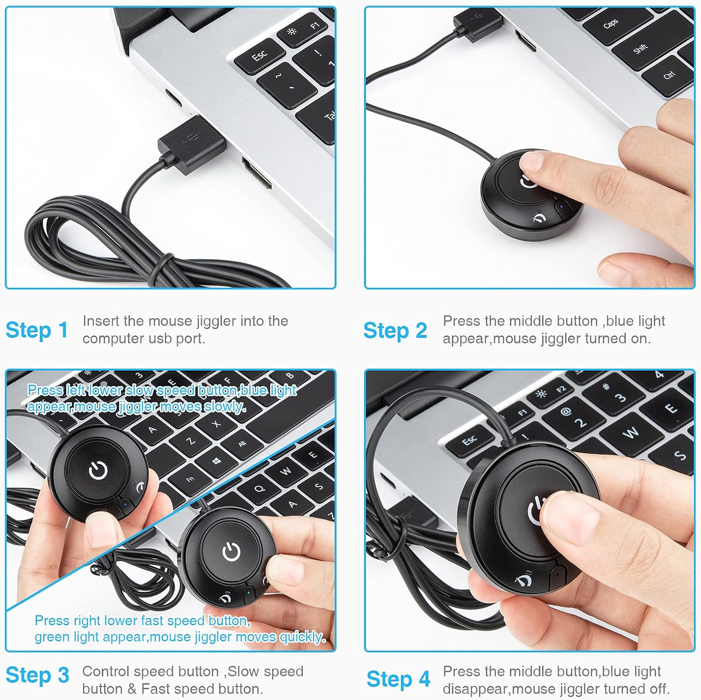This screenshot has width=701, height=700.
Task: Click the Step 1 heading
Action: (36, 330)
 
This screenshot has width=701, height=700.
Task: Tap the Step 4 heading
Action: (398, 679)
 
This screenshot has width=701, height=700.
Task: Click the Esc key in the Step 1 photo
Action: (260, 57)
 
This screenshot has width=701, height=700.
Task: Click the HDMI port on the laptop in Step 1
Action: (256, 173)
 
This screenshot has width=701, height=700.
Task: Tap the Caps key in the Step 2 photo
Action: (611, 23)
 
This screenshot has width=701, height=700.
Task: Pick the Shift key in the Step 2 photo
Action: (640, 48)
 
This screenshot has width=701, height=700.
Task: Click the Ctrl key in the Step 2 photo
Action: (669, 74)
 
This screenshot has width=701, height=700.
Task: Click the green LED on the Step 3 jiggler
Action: (249, 593)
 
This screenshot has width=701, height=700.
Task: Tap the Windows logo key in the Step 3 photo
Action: (216, 461)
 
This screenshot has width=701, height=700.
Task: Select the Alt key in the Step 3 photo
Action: (242, 443)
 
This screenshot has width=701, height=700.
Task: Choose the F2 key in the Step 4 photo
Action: (561, 389)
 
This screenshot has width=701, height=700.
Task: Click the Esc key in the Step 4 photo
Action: (469, 440)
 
